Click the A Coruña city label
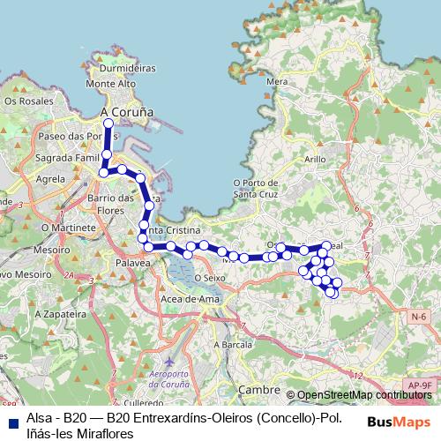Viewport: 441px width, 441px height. click(x=127, y=113)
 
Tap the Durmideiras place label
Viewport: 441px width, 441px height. click(x=128, y=67)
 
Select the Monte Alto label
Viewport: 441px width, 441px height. click(x=113, y=84)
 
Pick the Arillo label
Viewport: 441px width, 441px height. click(x=315, y=159)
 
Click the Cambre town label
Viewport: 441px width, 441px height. click(x=259, y=388)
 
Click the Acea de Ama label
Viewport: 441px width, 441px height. click(x=190, y=300)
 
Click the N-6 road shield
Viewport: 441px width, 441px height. click(x=417, y=316)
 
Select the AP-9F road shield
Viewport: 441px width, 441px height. click(x=420, y=385)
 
